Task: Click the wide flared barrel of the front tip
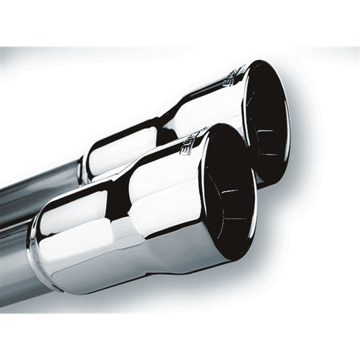pos(169,203)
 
